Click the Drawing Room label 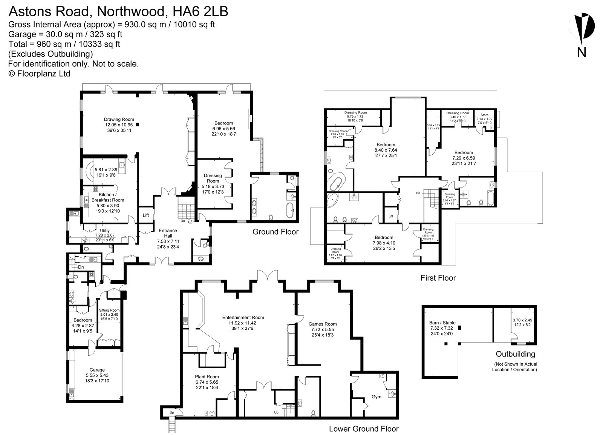(119, 120)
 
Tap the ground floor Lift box (146, 215)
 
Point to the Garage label (97, 370)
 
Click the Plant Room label (207, 377)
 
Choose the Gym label (376, 397)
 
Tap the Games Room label (322, 324)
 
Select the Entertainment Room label (243, 317)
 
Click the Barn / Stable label (442, 323)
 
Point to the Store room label (484, 115)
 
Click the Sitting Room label (109, 310)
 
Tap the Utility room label (105, 231)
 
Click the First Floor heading (438, 278)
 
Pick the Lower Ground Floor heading (363, 429)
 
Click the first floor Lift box (391, 216)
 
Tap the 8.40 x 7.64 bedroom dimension (386, 150)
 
